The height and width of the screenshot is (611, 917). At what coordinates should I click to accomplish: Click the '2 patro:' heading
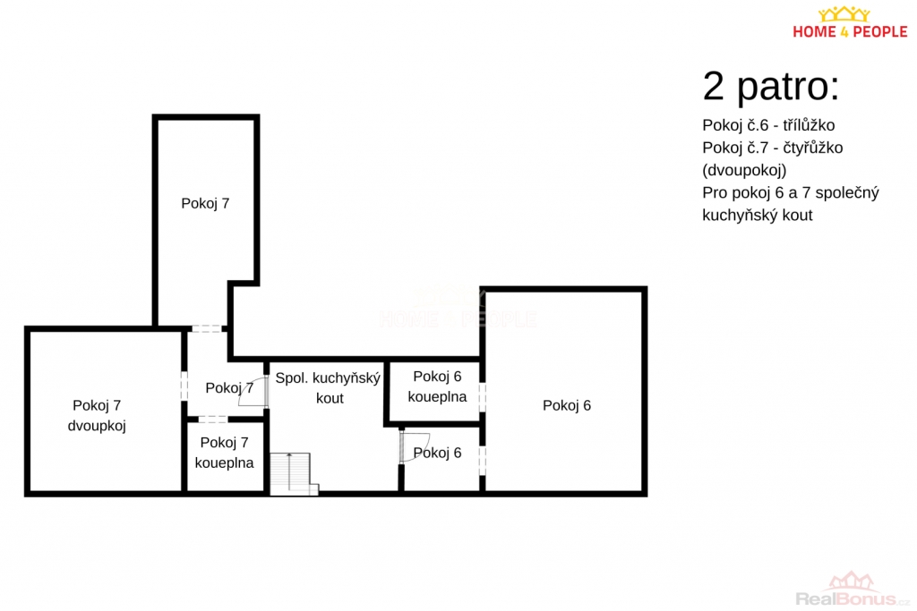771,87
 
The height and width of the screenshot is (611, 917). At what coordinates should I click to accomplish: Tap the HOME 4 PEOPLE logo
850,22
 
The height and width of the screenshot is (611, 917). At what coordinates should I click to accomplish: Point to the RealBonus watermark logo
853,589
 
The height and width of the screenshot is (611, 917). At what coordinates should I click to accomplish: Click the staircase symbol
294,474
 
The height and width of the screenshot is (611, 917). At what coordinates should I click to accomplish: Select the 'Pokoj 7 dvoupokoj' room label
97,415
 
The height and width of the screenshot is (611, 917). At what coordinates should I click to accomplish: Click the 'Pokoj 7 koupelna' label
224,453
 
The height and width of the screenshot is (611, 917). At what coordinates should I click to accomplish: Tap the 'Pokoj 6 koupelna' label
437,386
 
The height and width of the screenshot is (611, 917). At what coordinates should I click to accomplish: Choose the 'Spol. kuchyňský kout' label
328,388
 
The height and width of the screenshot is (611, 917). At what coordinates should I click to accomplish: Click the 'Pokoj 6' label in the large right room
567,405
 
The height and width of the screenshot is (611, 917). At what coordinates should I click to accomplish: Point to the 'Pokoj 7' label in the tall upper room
205,203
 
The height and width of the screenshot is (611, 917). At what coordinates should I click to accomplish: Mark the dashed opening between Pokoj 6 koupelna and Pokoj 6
483,396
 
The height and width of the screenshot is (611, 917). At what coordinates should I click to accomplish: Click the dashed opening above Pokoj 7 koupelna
213,419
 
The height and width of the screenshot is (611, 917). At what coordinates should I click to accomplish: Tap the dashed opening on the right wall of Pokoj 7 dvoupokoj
184,386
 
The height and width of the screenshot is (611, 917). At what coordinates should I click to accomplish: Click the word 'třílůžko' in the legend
809,125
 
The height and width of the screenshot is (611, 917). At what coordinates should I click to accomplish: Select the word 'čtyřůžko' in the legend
813,148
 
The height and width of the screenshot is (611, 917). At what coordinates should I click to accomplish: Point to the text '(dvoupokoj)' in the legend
744,171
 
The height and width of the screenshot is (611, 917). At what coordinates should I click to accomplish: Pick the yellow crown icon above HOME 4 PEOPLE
844,14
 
